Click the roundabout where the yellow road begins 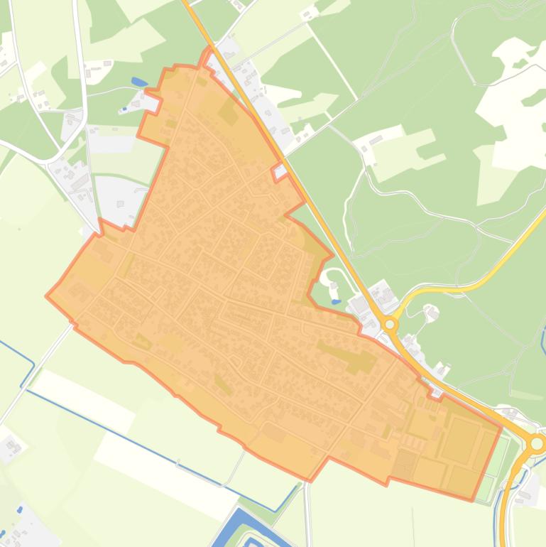[389, 325]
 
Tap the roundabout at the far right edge [537, 444]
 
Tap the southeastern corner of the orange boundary [473, 500]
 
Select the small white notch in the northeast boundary [280, 170]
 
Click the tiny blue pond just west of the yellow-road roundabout [334, 286]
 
